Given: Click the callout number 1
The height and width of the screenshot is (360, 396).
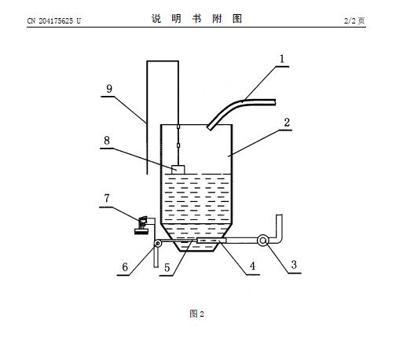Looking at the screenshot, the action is [282, 59].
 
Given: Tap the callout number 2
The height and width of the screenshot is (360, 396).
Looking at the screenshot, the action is [287, 123].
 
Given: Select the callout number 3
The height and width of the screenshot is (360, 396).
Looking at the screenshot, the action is [294, 265].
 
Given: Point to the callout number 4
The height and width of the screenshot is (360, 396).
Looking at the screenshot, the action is [252, 266].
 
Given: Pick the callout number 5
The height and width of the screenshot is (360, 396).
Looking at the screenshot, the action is [167, 268].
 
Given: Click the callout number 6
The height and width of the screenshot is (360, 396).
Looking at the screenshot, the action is [125, 267].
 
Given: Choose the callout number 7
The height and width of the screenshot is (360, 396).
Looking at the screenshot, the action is [107, 198].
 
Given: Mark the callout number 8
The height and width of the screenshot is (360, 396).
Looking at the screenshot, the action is [107, 141].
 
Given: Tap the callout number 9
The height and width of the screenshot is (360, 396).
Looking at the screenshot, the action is [109, 89].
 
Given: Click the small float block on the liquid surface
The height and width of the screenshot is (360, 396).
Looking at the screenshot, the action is [178, 170].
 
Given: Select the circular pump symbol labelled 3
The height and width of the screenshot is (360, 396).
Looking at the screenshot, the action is [262, 241].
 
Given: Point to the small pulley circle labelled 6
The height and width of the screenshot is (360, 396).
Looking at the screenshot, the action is [158, 244].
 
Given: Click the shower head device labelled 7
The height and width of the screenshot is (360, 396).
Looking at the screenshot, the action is [141, 225].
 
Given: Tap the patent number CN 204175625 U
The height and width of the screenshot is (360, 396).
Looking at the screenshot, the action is [54, 21].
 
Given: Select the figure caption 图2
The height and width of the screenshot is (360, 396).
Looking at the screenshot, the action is [196, 314].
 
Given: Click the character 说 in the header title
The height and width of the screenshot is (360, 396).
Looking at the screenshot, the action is [156, 19].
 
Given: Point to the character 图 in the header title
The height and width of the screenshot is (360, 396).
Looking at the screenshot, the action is [237, 19].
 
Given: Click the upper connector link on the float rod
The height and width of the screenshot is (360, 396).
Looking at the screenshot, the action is [178, 127].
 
